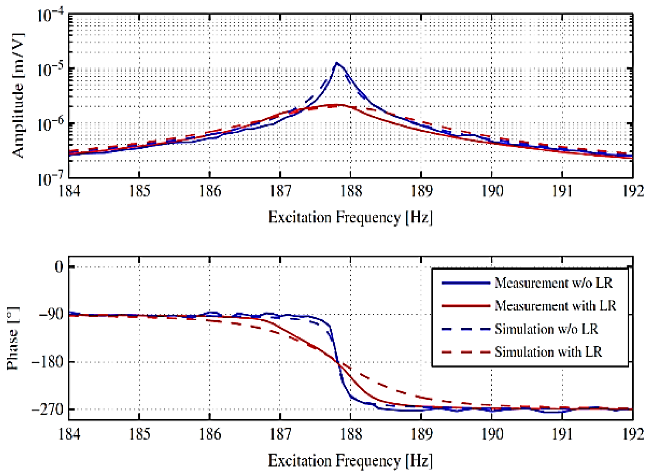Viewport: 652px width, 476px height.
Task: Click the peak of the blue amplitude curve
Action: pos(337,63)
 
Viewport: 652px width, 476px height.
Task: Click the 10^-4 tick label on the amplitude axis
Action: pos(51,16)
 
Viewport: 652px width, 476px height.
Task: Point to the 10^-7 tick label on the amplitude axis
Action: pos(51,179)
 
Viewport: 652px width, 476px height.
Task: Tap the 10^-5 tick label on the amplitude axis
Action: pos(51,70)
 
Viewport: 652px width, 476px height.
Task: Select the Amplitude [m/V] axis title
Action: pos(18,96)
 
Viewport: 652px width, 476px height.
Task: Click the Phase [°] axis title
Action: pos(12,338)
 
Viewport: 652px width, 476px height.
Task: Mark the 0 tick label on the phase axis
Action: pos(59,267)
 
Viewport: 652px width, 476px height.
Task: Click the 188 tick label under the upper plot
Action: pos(351,191)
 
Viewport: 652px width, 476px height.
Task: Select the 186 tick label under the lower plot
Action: pos(210,434)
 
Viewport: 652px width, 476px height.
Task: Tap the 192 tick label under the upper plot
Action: pos(633,191)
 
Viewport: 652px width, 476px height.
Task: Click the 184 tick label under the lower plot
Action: pos(69,434)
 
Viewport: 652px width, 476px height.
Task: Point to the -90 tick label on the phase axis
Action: pos(51,315)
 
